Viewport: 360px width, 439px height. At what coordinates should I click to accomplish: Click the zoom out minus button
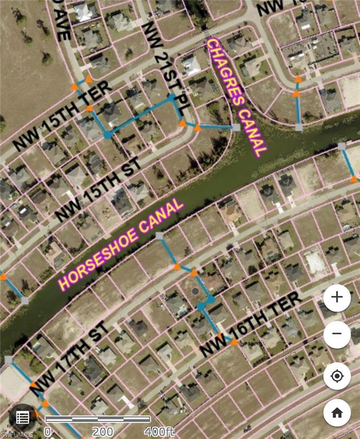tap(337, 333)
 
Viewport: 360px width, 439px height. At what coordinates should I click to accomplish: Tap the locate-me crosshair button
tap(337, 377)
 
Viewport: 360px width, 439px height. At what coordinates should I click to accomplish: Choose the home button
tap(337, 413)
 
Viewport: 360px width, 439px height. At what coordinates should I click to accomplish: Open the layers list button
tap(23, 418)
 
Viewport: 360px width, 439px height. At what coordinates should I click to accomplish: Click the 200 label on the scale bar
tap(102, 432)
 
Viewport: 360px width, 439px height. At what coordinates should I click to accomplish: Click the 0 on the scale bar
tap(47, 432)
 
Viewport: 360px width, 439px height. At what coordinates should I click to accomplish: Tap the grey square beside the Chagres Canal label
tap(235, 127)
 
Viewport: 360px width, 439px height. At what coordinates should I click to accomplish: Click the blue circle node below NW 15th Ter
tap(107, 135)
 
